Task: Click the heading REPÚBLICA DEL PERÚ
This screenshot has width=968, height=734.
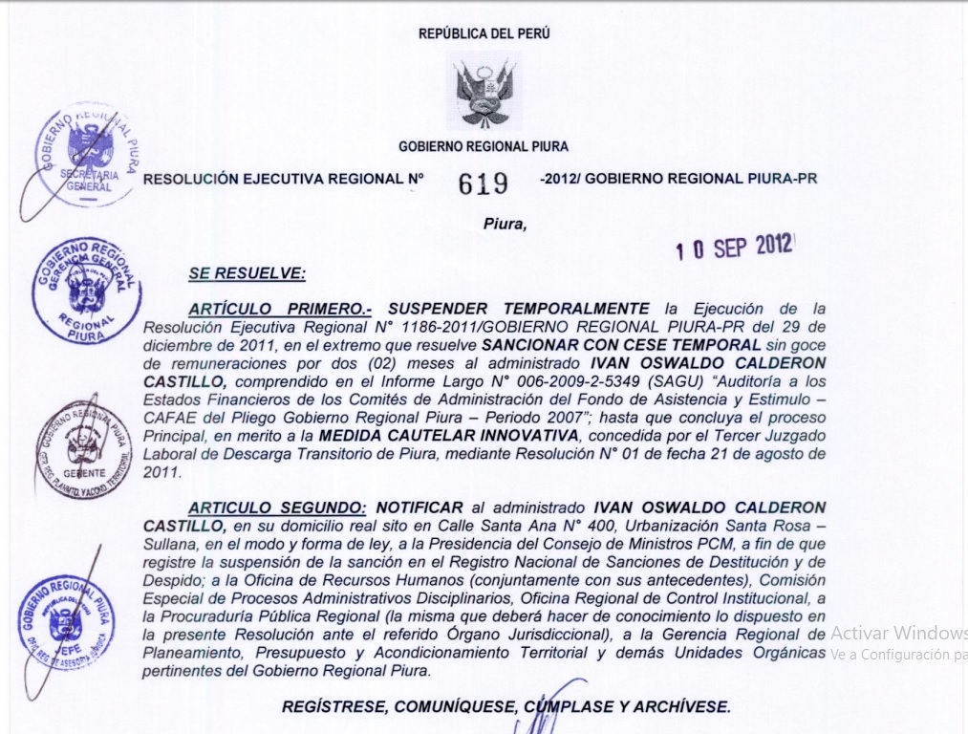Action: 484,34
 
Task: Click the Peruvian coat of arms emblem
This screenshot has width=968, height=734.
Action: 484,91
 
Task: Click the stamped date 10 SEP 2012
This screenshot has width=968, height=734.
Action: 734,247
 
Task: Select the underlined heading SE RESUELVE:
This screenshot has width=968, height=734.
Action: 247,273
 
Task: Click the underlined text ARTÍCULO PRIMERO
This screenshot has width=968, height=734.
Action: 280,309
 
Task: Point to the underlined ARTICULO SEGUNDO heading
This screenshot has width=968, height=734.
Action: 276,506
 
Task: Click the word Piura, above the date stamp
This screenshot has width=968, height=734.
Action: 505,224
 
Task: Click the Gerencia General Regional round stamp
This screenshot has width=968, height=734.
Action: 87,291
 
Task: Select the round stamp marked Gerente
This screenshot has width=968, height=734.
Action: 84,449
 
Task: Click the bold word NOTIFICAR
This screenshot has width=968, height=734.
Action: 419,506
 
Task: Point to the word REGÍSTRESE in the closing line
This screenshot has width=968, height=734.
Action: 337,707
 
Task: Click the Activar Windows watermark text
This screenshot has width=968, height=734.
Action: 898,633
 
